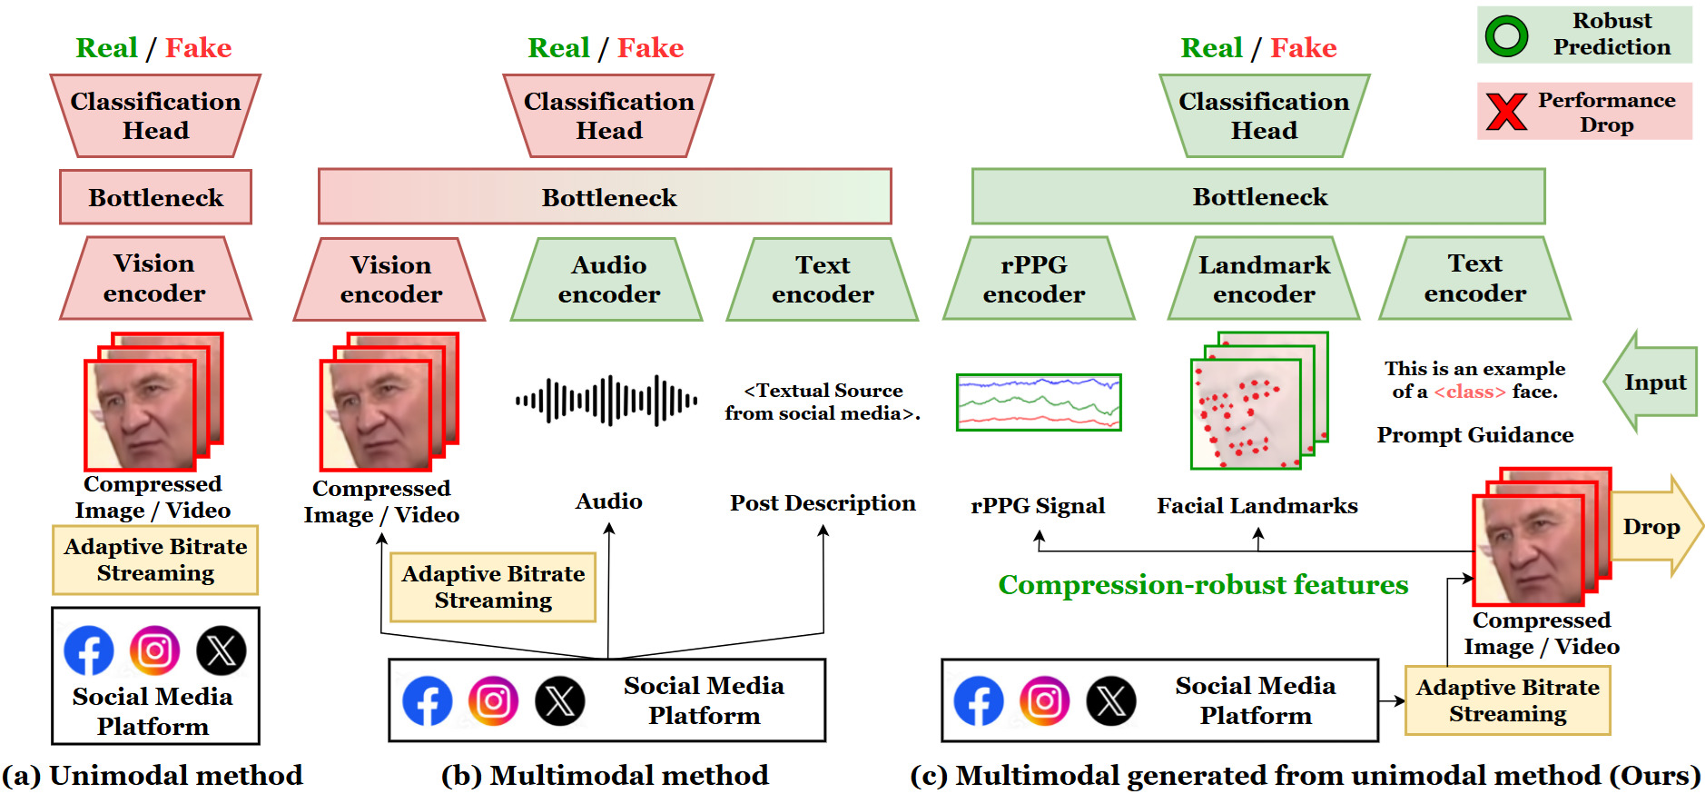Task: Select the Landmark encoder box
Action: pyautogui.click(x=1263, y=279)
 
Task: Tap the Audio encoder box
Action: pyautogui.click(x=607, y=279)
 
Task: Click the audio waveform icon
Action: pyautogui.click(x=606, y=400)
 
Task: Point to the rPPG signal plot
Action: pyautogui.click(x=1039, y=402)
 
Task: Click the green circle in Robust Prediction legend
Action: pyautogui.click(x=1506, y=35)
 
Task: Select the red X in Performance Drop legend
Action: pyautogui.click(x=1506, y=111)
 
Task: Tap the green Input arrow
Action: pyautogui.click(x=1650, y=382)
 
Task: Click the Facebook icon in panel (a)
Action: pyautogui.click(x=89, y=650)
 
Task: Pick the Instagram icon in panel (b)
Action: pyautogui.click(x=493, y=700)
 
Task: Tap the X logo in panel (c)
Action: pyautogui.click(x=1111, y=700)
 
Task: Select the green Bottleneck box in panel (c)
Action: pyautogui.click(x=1258, y=196)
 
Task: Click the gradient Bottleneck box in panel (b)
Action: pyautogui.click(x=605, y=196)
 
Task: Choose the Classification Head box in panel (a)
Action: pyautogui.click(x=155, y=115)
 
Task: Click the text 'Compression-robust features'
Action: pyautogui.click(x=1203, y=584)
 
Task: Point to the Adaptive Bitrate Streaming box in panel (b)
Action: pyautogui.click(x=493, y=587)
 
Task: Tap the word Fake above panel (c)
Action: pyautogui.click(x=1303, y=47)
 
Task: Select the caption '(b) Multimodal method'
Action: pyautogui.click(x=605, y=775)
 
